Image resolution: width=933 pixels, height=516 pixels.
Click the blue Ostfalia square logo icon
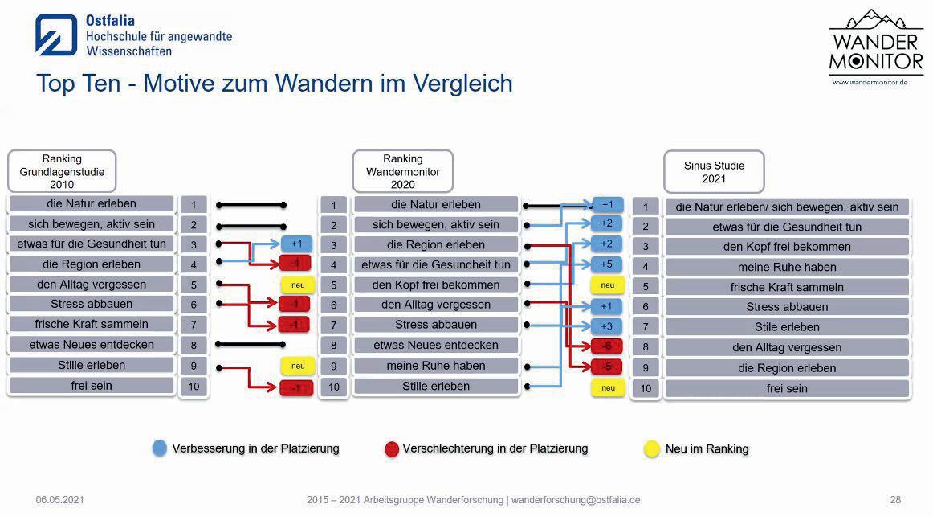point(56,35)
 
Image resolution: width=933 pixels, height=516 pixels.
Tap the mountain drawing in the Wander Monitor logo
point(876,21)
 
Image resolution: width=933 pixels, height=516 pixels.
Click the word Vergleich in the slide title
point(462,83)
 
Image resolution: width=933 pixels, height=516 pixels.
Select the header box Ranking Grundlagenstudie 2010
point(62,171)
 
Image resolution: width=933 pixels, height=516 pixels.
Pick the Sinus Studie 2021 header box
point(714,172)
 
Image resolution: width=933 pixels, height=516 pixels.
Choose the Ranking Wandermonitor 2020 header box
point(402,171)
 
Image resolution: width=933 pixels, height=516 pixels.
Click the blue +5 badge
point(607,264)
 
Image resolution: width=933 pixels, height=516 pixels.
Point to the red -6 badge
point(607,346)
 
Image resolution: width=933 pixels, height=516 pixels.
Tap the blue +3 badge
point(607,326)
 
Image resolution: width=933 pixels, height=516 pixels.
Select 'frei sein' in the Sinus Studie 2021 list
point(786,388)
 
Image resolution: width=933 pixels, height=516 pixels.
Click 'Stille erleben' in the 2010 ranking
point(91,365)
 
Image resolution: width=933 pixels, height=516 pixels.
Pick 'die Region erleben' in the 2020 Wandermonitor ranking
point(436,244)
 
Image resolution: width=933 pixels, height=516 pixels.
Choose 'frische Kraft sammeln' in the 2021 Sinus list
point(786,287)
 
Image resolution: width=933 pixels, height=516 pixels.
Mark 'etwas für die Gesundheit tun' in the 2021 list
point(786,227)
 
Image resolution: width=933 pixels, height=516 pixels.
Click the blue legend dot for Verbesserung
point(159,448)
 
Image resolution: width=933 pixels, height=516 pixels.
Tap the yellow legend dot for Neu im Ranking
point(652,448)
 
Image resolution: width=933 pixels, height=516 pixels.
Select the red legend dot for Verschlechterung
point(391,448)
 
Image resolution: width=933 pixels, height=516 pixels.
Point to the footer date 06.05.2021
point(59,500)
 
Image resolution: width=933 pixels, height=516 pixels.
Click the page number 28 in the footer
point(895,500)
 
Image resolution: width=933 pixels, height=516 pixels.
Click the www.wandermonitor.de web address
point(870,82)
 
